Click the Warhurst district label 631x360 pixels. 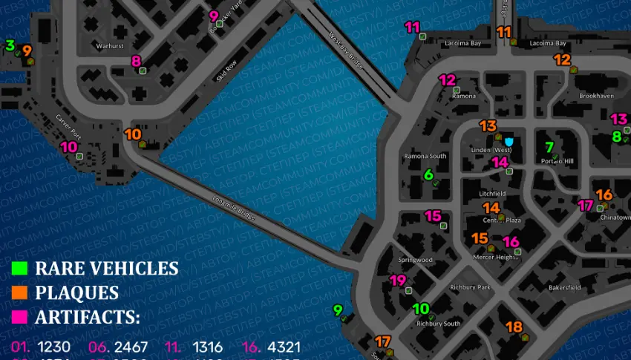pyautogui.click(x=110, y=46)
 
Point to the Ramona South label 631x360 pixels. pyautogui.click(x=425, y=157)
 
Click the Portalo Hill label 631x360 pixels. pyautogui.click(x=558, y=161)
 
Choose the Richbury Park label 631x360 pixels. pyautogui.click(x=470, y=287)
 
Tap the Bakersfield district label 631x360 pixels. pyautogui.click(x=563, y=287)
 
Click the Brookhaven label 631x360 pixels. pyautogui.click(x=596, y=96)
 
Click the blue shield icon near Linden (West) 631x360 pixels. pyautogui.click(x=509, y=141)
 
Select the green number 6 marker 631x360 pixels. pyautogui.click(x=428, y=174)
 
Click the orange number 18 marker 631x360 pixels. pyautogui.click(x=513, y=327)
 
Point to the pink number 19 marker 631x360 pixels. pyautogui.click(x=398, y=281)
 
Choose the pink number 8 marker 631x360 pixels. pyautogui.click(x=136, y=61)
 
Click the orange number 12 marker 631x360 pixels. pyautogui.click(x=562, y=60)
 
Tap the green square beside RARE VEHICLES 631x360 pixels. pyautogui.click(x=20, y=268)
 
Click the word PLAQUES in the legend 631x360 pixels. pyautogui.click(x=76, y=292)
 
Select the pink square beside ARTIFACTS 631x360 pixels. pyautogui.click(x=20, y=317)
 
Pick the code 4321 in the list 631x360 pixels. pyautogui.click(x=283, y=347)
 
